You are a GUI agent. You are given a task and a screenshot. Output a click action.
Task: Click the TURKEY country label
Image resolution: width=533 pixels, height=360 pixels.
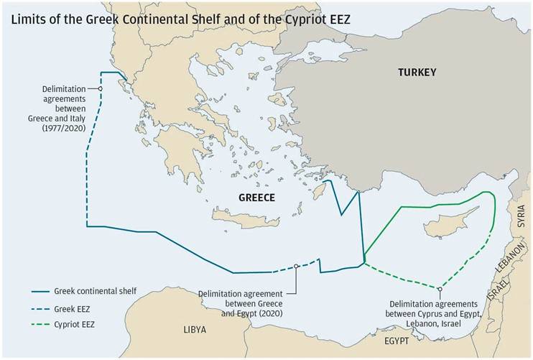tap(417, 72)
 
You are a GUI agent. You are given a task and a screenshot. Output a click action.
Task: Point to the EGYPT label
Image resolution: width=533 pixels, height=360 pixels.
tap(397, 340)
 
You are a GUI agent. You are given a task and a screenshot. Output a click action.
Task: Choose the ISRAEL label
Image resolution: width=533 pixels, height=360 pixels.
tap(493, 286)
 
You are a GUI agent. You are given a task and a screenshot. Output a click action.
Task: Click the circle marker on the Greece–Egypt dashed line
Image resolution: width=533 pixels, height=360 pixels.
tap(296, 267)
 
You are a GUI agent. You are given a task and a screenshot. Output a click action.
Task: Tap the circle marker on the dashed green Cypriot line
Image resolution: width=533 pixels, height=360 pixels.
tap(439, 289)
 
